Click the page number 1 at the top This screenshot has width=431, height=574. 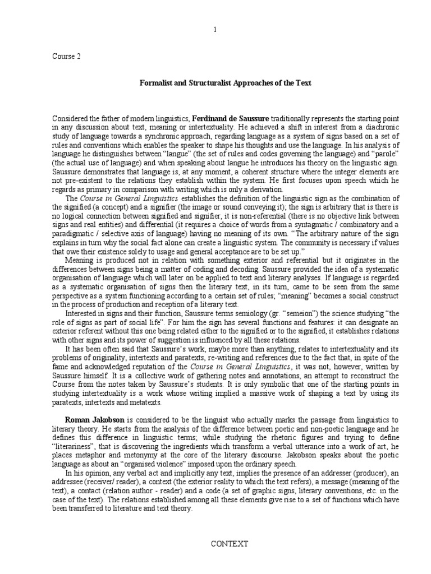click(x=215, y=30)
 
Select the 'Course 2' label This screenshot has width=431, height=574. click(x=67, y=56)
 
